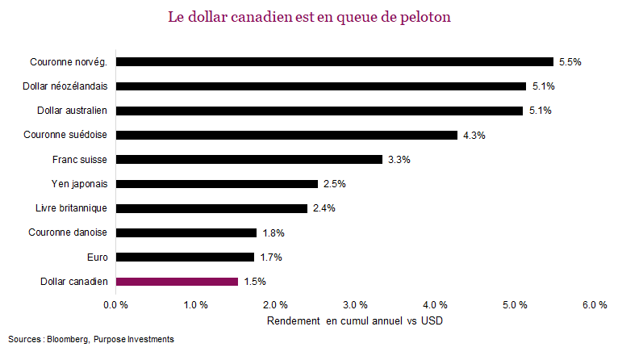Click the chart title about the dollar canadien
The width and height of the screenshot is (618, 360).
[309, 17]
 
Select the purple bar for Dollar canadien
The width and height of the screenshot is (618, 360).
[177, 282]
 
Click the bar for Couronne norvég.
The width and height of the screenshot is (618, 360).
[335, 61]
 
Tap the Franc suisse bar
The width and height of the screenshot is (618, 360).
[249, 159]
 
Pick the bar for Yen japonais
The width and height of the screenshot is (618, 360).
[217, 184]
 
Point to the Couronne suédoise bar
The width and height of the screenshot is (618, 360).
[286, 135]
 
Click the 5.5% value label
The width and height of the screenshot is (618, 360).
[570, 61]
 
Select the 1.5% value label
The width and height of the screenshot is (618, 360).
[255, 282]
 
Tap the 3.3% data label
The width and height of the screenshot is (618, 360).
[399, 160]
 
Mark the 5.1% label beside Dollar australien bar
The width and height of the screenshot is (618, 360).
[540, 111]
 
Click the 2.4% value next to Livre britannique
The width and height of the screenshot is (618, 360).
[324, 208]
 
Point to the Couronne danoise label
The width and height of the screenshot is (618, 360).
[73, 232]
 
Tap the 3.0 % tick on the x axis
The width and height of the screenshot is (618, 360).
[356, 305]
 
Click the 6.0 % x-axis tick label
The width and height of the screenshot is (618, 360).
[595, 305]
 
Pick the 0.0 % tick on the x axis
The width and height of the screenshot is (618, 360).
[116, 305]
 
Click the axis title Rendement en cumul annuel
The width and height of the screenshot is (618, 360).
[354, 320]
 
